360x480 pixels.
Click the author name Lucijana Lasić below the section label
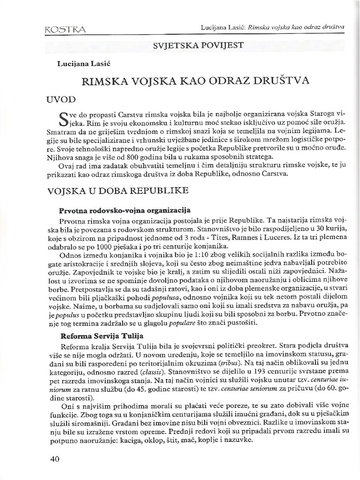coord(80,63)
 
